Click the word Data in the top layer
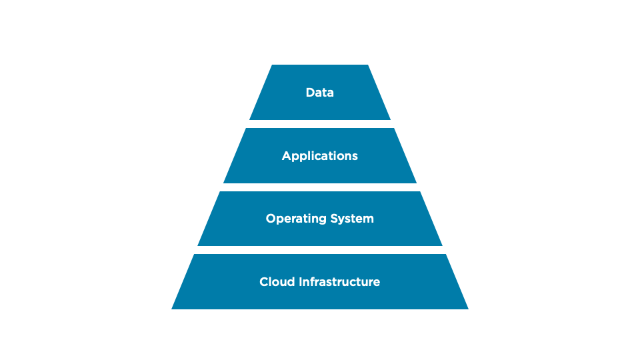point(320,93)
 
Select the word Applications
point(320,156)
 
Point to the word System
point(350,219)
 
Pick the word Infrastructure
point(340,282)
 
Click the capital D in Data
point(310,93)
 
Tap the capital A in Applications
point(287,156)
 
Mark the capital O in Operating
point(271,219)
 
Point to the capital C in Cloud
point(264,282)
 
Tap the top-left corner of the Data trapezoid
point(273,65)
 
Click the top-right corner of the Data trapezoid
point(368,65)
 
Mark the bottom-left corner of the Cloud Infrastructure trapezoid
point(173,309)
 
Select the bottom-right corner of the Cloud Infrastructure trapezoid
point(467,309)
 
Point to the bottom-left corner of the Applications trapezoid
point(224,183)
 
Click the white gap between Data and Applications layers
point(320,124)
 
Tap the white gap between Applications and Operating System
point(320,187)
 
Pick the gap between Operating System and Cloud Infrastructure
point(320,250)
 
